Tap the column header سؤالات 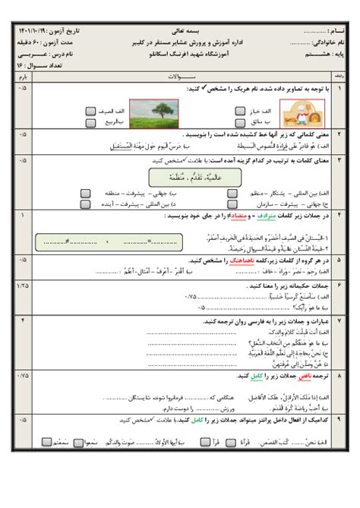pos(179,77)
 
